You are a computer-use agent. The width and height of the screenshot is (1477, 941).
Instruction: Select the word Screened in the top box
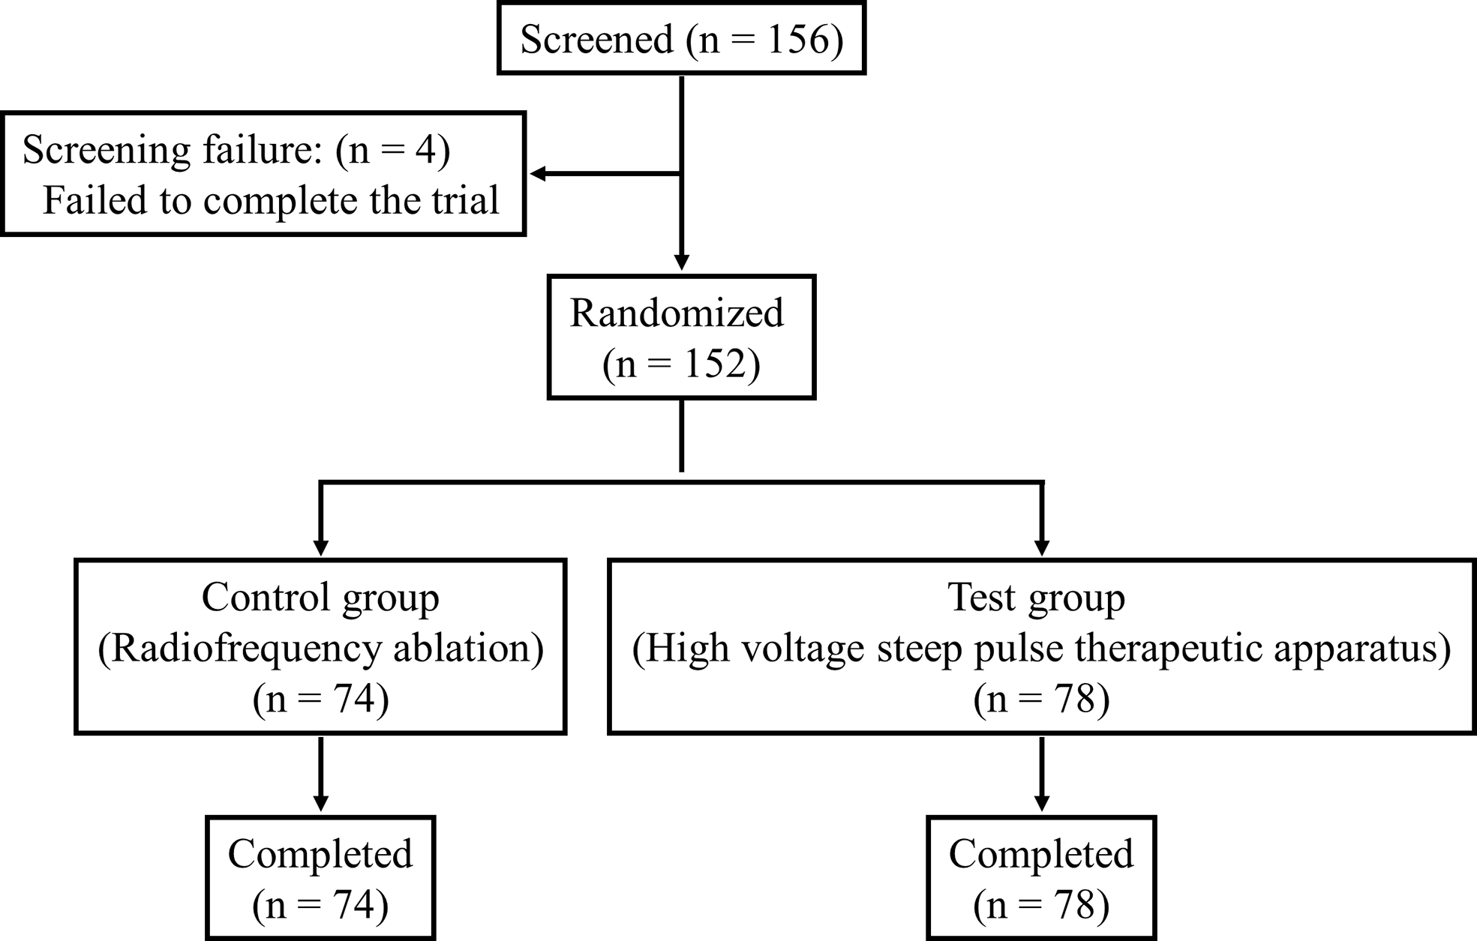click(x=596, y=39)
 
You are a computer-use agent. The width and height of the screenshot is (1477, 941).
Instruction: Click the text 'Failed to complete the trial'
click(x=270, y=201)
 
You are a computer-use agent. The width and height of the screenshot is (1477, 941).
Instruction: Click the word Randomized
click(x=677, y=313)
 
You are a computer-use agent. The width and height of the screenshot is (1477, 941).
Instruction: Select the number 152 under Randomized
click(x=716, y=364)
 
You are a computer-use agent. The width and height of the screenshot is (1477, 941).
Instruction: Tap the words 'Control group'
click(x=320, y=598)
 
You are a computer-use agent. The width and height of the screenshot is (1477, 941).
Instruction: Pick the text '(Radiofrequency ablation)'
click(x=320, y=649)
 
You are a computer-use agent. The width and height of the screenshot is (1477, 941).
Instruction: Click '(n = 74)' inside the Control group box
click(x=320, y=700)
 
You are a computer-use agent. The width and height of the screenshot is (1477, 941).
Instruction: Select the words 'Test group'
click(x=1036, y=598)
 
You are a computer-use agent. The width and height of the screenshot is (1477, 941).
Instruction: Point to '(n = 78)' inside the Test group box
click(x=1041, y=700)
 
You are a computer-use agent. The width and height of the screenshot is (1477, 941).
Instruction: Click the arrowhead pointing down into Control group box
click(x=320, y=548)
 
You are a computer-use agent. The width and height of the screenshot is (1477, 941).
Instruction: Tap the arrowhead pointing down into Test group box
click(x=1042, y=548)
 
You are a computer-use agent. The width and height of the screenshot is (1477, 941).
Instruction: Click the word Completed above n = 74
click(x=320, y=854)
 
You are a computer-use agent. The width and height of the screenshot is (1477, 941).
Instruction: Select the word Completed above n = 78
click(x=1041, y=854)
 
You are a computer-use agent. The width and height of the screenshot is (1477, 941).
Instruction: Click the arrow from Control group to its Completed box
click(x=320, y=772)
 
